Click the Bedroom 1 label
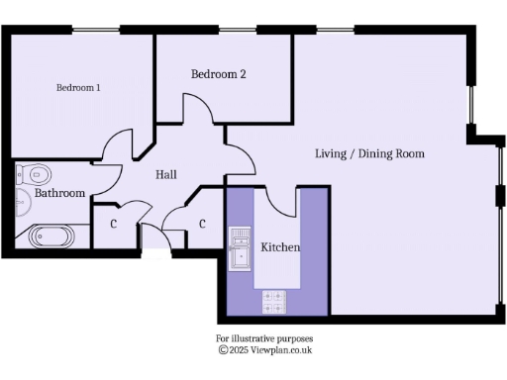tap(78, 88)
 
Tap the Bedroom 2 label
tap(219, 74)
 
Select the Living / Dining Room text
tap(369, 153)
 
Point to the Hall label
tap(166, 175)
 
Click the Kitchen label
tap(280, 246)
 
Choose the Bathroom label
tap(59, 194)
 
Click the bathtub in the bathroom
tap(50, 237)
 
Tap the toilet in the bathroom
tap(33, 174)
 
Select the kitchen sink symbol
tap(240, 246)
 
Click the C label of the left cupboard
tap(114, 225)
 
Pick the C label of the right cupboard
tap(202, 225)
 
